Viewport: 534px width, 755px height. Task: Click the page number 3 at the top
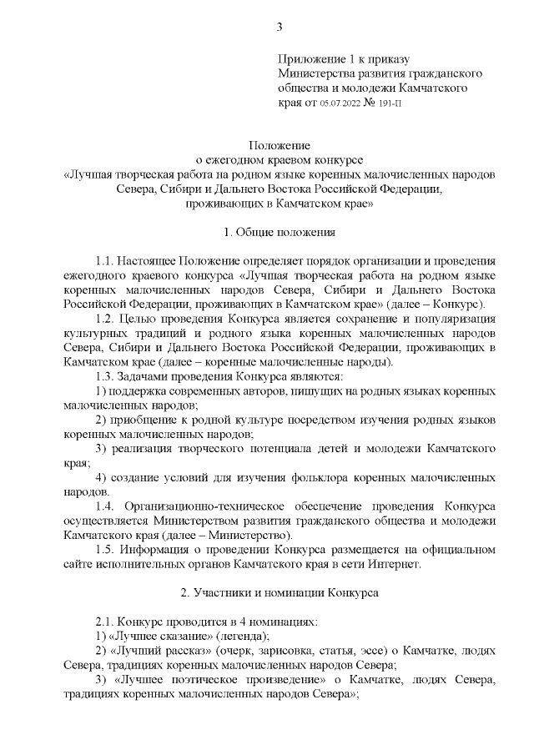coord(280,27)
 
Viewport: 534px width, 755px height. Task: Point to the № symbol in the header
coord(364,104)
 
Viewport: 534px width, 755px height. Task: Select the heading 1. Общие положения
coord(280,230)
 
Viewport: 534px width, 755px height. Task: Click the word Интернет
coord(393,564)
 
